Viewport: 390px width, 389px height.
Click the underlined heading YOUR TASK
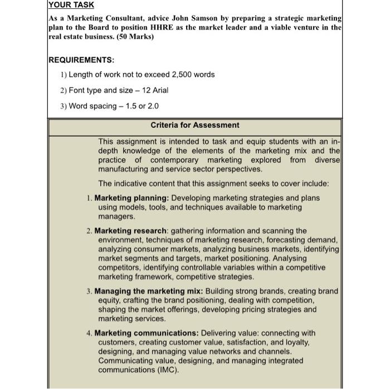(x=72, y=5)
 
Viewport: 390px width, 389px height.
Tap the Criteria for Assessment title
(x=195, y=125)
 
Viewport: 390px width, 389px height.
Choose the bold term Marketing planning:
(x=132, y=198)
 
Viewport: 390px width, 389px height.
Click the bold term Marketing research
(x=130, y=230)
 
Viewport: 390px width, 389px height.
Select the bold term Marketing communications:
(x=147, y=333)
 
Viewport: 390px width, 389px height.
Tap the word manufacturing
(x=124, y=169)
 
